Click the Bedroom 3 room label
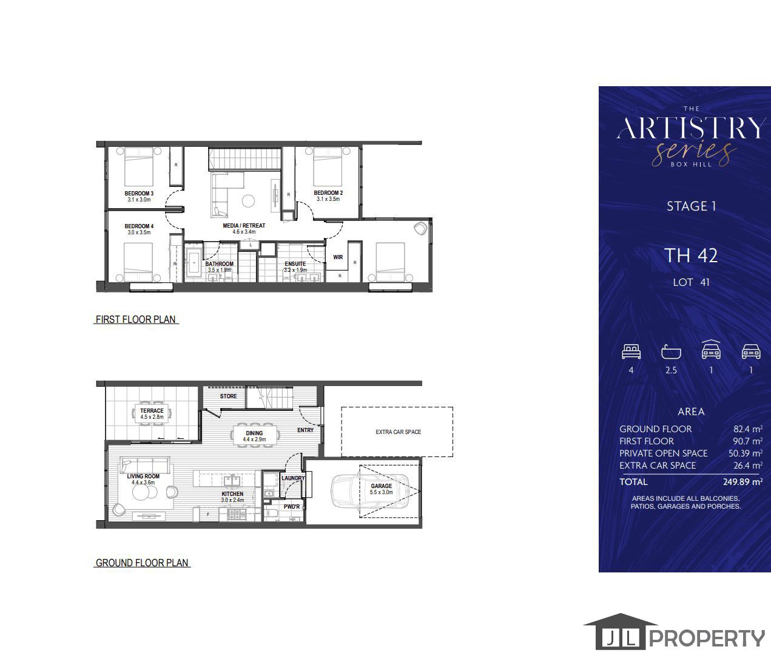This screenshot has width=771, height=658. [x=139, y=194]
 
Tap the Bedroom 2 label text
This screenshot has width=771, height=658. [x=328, y=194]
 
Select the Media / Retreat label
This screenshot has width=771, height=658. [x=244, y=226]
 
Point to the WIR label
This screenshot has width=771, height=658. [x=338, y=257]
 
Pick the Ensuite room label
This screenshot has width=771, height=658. [x=295, y=264]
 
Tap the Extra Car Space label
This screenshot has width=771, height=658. [x=398, y=432]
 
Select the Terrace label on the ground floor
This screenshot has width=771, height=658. [x=152, y=411]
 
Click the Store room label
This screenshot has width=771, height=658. [x=229, y=396]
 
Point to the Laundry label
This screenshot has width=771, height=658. [x=294, y=478]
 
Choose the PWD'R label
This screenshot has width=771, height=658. [x=292, y=507]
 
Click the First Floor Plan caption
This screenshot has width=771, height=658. [x=136, y=319]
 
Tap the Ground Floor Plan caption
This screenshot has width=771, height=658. [x=143, y=563]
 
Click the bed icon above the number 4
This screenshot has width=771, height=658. [x=631, y=351]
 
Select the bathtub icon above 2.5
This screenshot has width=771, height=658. [x=671, y=352]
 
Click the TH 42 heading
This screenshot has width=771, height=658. [x=691, y=256]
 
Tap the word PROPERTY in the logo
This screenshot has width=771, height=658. [x=707, y=639]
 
